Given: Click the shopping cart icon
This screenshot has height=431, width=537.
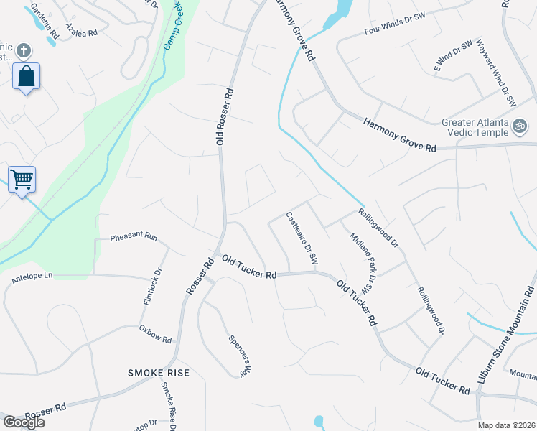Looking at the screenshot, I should tap(22, 179).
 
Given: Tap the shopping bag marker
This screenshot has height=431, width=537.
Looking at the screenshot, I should tap(26, 76).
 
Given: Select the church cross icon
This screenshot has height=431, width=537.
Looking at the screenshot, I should tap(23, 50).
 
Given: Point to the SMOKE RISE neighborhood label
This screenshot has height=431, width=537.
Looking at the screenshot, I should tap(159, 372).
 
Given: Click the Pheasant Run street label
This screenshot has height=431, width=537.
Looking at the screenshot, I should tap(133, 236).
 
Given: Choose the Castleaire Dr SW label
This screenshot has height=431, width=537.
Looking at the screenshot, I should tap(302, 238).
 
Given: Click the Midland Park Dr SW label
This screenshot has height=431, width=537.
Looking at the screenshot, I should tap(363, 262).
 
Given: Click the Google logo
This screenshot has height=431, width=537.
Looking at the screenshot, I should tap(24, 422).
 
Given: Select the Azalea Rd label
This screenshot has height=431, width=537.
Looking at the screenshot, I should tap(81, 29).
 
